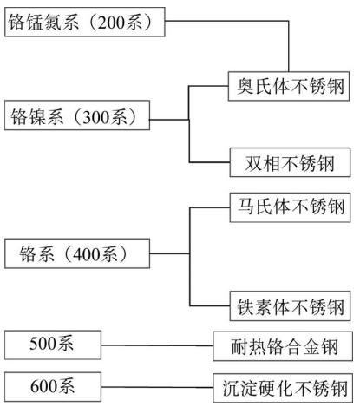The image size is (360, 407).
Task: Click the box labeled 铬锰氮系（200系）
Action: click(x=85, y=22)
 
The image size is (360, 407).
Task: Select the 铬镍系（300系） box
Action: click(x=77, y=115)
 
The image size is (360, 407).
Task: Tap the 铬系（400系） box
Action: click(x=77, y=253)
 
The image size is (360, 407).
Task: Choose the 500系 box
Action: click(x=53, y=345)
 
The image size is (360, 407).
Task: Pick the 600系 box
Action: click(x=53, y=387)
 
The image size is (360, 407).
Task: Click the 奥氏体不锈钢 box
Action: click(x=289, y=86)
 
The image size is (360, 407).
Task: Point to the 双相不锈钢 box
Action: click(x=290, y=162)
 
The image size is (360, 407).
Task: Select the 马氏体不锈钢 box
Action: click(x=290, y=207)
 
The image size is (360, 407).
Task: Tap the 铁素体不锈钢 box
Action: click(x=290, y=306)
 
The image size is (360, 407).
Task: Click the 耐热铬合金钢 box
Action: click(x=283, y=346)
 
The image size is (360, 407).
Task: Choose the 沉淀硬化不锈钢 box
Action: click(x=283, y=388)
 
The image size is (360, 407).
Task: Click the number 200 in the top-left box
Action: click(x=108, y=23)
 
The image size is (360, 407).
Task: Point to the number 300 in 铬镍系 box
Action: click(x=94, y=117)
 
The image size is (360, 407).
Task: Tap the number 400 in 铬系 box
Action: click(x=84, y=255)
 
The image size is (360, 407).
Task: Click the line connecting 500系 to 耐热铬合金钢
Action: click(x=157, y=345)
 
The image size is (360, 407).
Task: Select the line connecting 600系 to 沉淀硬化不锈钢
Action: click(x=157, y=387)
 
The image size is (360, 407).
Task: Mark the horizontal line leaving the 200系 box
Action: click(x=227, y=21)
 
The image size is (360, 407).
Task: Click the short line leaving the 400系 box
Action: click(x=170, y=253)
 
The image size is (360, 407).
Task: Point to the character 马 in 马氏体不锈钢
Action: click(x=246, y=207)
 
